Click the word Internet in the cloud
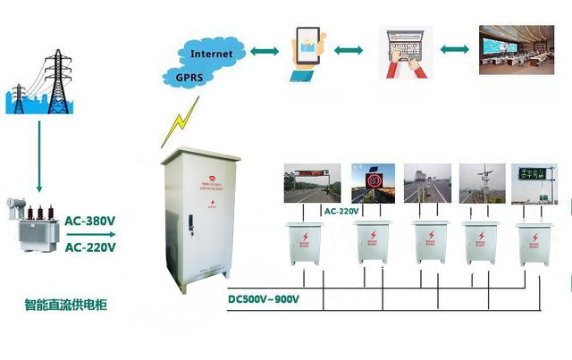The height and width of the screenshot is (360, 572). (211, 54)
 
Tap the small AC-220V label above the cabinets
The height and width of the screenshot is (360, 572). (341, 212)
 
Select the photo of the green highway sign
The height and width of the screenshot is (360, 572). (534, 184)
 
